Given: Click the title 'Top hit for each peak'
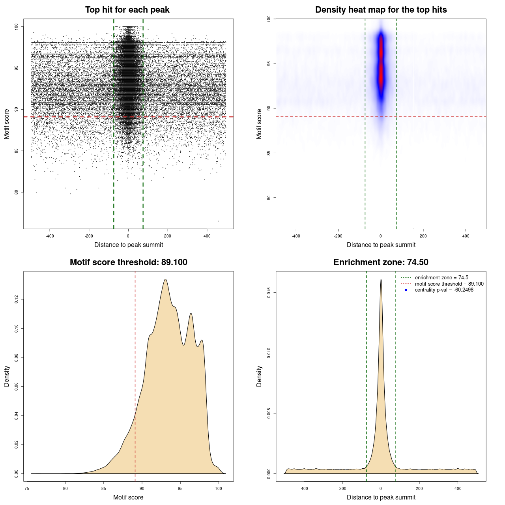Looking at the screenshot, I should click(x=127, y=10).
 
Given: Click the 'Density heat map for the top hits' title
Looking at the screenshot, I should click(x=381, y=10).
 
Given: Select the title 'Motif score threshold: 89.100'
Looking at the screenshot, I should click(x=128, y=262).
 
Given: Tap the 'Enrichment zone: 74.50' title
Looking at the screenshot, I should click(x=381, y=262).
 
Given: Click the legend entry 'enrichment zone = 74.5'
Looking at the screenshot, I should click(x=441, y=278).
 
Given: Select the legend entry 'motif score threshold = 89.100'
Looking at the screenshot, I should click(x=449, y=284).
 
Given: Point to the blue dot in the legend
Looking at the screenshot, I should click(x=406, y=290).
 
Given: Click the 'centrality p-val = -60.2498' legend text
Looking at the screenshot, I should click(x=444, y=290).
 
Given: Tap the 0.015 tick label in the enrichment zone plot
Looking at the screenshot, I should click(x=269, y=293).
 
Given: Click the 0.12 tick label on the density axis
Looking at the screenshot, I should click(x=16, y=299).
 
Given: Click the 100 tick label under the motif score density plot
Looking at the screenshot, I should click(x=219, y=488).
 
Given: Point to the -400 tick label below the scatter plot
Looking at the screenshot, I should click(x=50, y=236).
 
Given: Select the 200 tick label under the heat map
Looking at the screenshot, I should click(x=423, y=236).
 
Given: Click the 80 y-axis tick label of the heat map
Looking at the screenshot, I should click(x=269, y=198).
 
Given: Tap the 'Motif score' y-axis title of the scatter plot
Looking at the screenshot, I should click(x=7, y=124).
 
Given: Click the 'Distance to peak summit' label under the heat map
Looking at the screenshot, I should click(x=381, y=245).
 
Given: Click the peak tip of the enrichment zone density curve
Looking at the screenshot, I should click(x=381, y=280).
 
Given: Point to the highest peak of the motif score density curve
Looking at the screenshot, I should click(x=165, y=280).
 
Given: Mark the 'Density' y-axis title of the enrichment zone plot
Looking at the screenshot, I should click(x=259, y=376).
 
